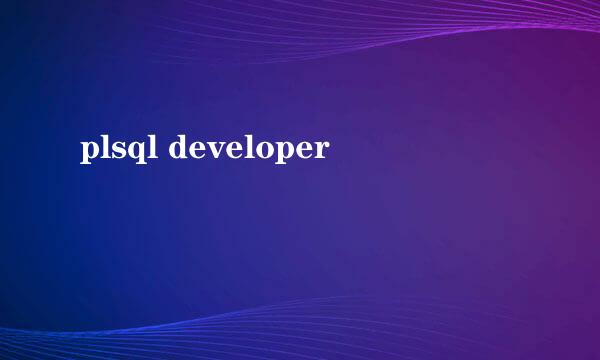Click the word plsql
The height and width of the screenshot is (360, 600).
click(118, 150)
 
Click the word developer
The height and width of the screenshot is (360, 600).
click(248, 150)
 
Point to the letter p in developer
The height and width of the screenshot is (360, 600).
click(282, 152)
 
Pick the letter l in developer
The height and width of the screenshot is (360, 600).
click(248, 148)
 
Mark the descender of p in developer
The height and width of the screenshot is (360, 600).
click(277, 163)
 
